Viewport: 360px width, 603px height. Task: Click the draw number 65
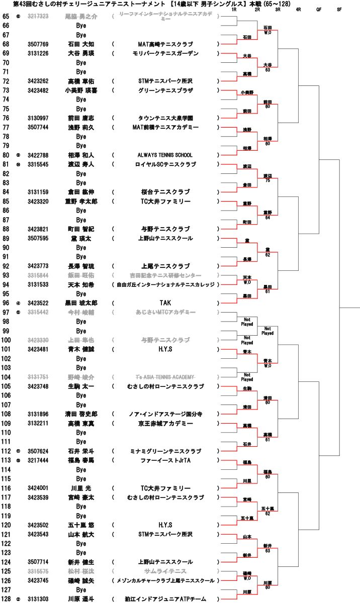point(6,17)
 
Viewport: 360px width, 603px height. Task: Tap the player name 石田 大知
point(81,44)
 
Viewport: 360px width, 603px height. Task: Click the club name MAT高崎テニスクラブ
point(165,44)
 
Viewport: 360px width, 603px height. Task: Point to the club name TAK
point(165,303)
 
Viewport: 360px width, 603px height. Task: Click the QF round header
point(319,10)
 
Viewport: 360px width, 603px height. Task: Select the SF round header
point(339,10)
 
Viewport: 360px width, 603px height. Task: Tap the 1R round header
point(234,10)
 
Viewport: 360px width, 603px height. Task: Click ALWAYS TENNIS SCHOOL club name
point(165,155)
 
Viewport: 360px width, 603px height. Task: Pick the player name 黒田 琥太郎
point(81,303)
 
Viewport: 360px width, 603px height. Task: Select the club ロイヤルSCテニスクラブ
point(165,164)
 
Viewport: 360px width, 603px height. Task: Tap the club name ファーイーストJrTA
point(165,460)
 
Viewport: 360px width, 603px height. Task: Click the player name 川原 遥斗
point(81,599)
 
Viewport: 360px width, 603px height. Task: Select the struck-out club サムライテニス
point(165,571)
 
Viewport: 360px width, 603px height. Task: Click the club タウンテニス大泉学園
point(165,118)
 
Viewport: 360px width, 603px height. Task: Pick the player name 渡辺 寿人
point(81,164)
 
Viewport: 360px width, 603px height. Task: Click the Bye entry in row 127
point(81,590)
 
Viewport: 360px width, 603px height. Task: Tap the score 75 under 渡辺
point(267,180)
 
